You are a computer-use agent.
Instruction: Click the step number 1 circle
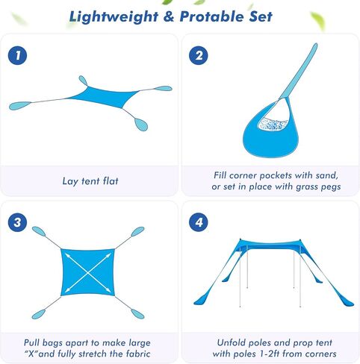17,55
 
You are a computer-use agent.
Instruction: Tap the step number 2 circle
199,55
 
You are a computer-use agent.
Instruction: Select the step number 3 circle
17,222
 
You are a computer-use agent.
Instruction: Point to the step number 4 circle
199,222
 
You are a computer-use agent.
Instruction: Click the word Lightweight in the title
114,17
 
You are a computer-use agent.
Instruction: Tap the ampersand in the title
169,16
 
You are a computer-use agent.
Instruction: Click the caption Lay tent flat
90,181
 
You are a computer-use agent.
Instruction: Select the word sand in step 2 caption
327,175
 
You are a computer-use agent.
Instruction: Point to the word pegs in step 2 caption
330,187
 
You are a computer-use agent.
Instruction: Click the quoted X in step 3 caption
31,354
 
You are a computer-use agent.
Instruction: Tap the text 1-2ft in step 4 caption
270,354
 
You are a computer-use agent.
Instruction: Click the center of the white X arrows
88,273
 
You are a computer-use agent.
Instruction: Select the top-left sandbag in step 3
39,231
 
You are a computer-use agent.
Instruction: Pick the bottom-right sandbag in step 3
137,314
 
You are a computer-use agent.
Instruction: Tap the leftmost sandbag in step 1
20,105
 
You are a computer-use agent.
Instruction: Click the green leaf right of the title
318,20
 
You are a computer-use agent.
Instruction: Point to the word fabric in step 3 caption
138,354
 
